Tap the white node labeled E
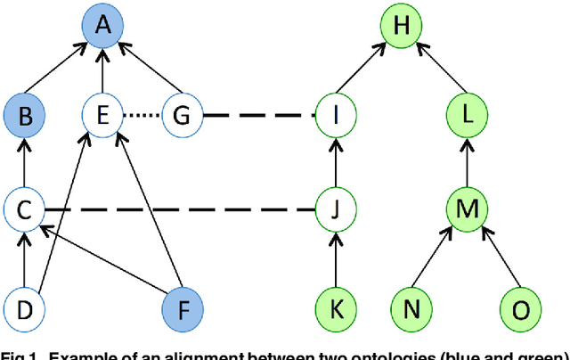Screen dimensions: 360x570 (104, 116)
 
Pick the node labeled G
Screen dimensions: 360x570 (183, 116)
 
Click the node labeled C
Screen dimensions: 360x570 (24, 211)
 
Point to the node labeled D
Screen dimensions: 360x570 (24, 308)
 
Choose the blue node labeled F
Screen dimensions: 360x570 (183, 308)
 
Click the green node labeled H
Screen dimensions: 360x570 (402, 27)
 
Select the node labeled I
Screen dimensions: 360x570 (337, 116)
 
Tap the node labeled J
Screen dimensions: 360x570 (337, 211)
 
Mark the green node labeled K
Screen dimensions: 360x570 (337, 308)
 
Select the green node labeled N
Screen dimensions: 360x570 (412, 308)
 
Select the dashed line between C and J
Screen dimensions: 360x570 (178, 211)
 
